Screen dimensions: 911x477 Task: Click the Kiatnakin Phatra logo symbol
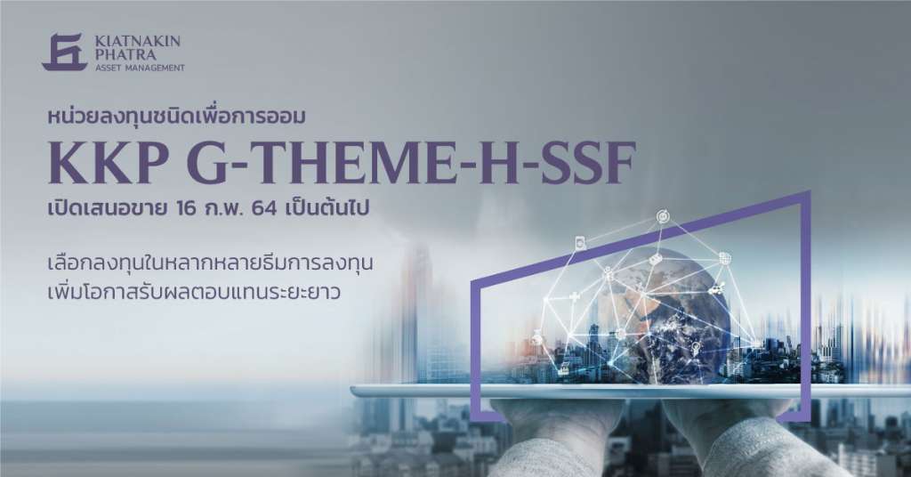(65, 53)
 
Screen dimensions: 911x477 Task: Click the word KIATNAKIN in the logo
(138, 41)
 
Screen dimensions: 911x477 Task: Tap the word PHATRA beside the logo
(125, 54)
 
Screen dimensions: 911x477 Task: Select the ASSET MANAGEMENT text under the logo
(140, 68)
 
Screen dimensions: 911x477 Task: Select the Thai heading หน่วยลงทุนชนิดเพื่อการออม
(177, 117)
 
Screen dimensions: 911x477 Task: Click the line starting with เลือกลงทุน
(210, 263)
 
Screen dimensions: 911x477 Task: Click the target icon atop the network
(662, 217)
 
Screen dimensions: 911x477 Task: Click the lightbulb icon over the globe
(695, 347)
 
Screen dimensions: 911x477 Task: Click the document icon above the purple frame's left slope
(580, 244)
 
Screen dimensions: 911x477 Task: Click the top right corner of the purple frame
(809, 191)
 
